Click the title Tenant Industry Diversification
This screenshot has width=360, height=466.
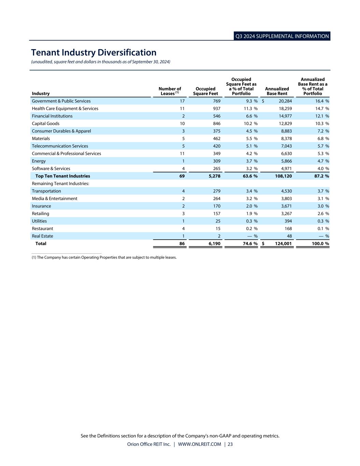coord(93,53)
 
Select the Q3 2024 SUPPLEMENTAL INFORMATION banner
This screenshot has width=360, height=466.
coord(282,36)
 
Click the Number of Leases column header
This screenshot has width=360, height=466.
coord(170,91)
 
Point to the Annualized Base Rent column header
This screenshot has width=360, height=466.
coord(277,91)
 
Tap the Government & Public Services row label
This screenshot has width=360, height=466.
coord(61,101)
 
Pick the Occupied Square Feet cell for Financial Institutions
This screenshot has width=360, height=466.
coord(217,116)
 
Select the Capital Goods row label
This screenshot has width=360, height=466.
coord(45,124)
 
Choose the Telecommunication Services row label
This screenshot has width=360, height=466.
coord(60,146)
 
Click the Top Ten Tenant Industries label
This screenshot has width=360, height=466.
coord(63,176)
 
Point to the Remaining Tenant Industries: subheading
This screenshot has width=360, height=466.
coord(60,184)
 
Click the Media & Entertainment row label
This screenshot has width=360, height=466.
coord(54,199)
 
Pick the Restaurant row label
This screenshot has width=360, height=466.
coord(42,229)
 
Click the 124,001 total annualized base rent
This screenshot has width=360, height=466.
coord(283,244)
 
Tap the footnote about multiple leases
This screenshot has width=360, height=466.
coord(104,257)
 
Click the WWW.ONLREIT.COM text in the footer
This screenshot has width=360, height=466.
coord(199,444)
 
